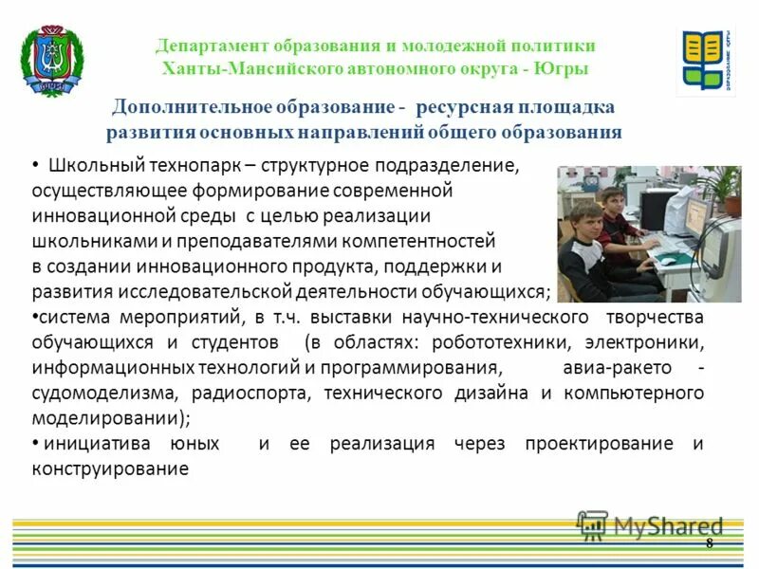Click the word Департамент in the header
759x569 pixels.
[212, 46]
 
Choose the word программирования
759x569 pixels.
[417, 367]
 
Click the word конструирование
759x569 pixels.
[110, 468]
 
